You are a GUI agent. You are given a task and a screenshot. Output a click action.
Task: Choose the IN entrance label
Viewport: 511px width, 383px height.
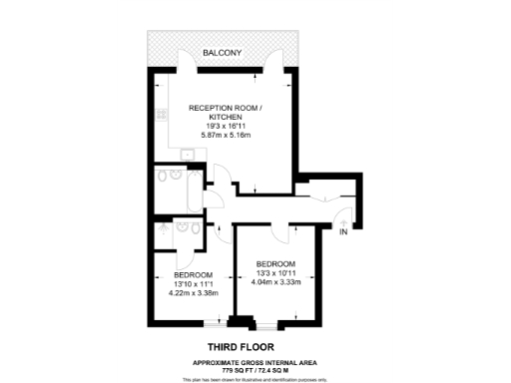pyautogui.click(x=343, y=232)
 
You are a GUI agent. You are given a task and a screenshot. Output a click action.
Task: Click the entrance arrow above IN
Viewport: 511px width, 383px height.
pyautogui.click(x=343, y=220)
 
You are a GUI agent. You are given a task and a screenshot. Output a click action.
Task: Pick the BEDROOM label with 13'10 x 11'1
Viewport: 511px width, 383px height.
pyautogui.click(x=193, y=274)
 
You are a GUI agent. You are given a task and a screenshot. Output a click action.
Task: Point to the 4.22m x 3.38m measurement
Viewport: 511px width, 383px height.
pyautogui.click(x=193, y=294)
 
